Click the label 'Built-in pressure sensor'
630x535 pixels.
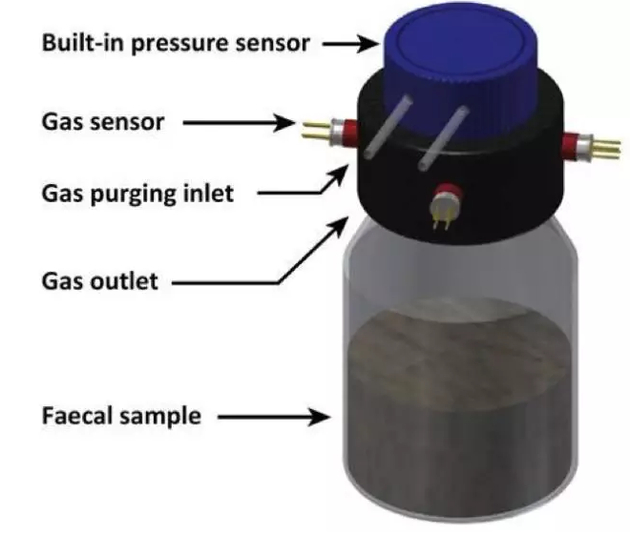tap(174, 44)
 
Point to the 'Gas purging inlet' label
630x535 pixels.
tap(136, 193)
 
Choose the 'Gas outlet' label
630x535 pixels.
tap(99, 281)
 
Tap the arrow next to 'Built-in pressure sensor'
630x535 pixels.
tap(350, 44)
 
